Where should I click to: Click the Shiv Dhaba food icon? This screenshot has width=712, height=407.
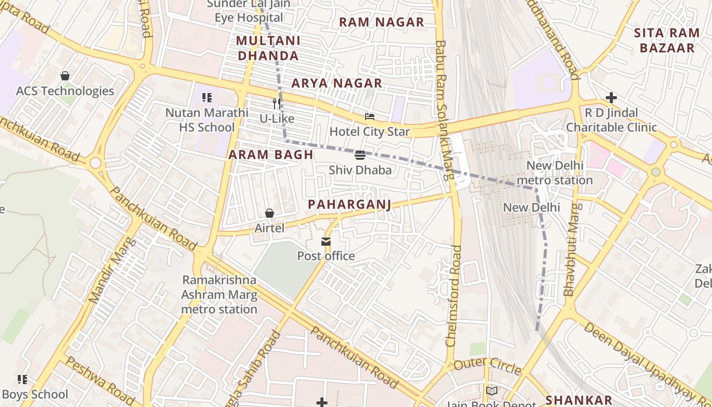point(360,155)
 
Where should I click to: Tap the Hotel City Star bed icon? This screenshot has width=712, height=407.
point(370,117)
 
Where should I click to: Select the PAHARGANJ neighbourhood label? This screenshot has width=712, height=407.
point(349,205)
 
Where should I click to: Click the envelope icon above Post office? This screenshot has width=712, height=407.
point(325,241)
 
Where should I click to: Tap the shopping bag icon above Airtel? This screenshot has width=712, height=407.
point(270,213)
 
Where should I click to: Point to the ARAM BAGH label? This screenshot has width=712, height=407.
point(271,155)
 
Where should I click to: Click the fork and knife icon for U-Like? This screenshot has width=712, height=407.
point(277,104)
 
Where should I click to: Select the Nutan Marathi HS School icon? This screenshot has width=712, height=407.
point(206,97)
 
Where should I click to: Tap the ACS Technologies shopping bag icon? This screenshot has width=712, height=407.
point(65,76)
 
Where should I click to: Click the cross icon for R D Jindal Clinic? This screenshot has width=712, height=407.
point(611,97)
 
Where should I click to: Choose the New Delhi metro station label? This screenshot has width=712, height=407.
point(554,173)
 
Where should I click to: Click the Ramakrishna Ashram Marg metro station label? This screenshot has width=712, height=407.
point(219,295)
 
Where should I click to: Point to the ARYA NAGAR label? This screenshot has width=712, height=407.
point(337,83)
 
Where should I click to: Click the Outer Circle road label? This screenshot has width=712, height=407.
point(487,365)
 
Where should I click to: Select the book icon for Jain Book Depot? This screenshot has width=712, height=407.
point(491,391)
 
